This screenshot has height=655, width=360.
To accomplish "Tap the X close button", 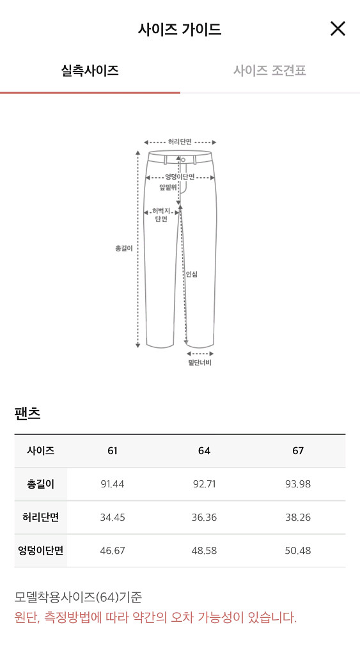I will point(338,29).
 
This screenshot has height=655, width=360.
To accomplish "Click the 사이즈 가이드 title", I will point(180,29).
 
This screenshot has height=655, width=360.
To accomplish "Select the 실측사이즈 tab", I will point(90,70).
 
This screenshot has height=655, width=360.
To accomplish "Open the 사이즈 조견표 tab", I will point(269,70).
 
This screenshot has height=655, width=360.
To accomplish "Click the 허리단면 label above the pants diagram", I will point(180,142).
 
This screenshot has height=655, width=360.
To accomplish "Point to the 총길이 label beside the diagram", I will point(123,248).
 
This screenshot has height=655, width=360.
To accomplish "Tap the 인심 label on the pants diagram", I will point(192,274).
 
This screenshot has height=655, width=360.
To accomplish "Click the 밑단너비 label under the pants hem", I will point(200,363).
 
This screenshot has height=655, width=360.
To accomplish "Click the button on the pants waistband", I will point(183,159).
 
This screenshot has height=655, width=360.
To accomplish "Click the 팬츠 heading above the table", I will point(27,413).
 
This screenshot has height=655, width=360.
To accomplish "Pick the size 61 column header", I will point(113,451).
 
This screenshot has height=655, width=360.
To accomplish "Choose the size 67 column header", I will point(298,451).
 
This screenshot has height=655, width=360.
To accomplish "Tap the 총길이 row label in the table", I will point(40,484).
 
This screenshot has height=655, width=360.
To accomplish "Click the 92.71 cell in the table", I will point(204,484).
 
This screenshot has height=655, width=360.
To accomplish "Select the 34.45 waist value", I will point(113,517).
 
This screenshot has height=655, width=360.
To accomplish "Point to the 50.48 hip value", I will point(298,551).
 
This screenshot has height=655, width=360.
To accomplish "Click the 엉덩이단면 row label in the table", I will point(40,551).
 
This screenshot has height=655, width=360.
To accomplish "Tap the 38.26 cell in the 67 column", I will point(298,517).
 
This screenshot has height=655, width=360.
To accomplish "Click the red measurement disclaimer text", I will point(155,618).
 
